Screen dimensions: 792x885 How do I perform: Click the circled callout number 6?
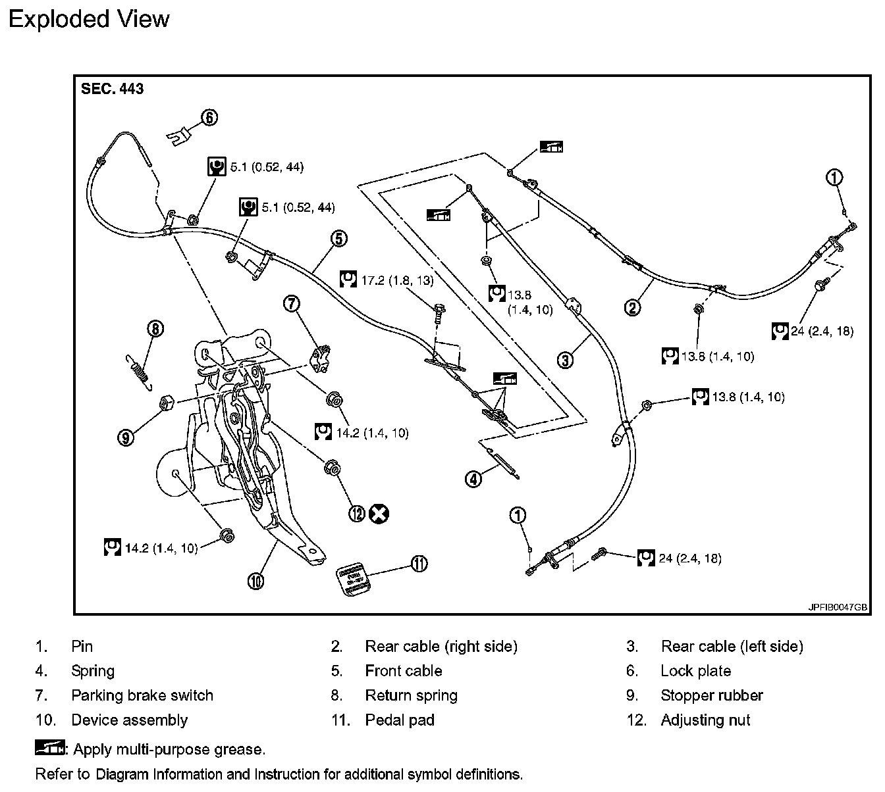(208, 118)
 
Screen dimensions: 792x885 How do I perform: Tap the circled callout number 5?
(338, 238)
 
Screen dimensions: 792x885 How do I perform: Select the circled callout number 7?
(292, 303)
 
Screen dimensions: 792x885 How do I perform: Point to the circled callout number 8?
(155, 328)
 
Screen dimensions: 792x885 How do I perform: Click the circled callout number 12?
(357, 513)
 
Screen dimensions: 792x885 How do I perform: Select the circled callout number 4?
(473, 479)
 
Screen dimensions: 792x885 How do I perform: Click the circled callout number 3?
(566, 359)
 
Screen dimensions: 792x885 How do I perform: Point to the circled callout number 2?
(632, 307)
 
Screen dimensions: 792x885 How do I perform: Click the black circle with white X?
(379, 513)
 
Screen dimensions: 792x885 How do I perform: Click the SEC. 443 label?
(112, 89)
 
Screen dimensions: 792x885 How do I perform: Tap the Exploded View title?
(89, 19)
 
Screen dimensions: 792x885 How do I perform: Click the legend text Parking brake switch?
(142, 695)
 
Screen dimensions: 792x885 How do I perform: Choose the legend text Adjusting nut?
(705, 720)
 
